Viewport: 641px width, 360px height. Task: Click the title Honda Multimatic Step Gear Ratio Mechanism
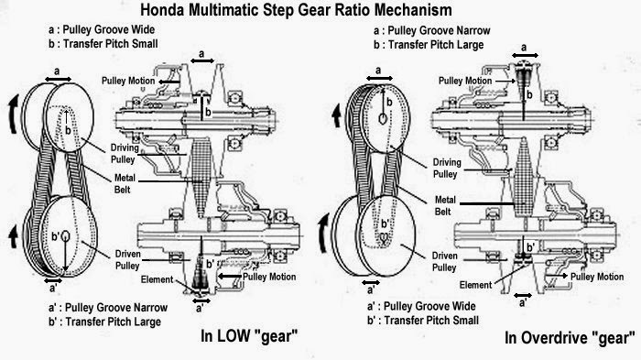(296, 10)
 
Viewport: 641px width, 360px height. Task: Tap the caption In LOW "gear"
(249, 336)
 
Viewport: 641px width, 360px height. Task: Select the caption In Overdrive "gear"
(570, 338)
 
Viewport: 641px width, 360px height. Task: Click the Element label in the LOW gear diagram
(157, 279)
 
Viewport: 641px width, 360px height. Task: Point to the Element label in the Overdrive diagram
(475, 285)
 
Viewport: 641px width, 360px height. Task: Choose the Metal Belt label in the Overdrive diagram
(445, 206)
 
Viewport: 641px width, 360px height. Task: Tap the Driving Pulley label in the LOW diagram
(125, 153)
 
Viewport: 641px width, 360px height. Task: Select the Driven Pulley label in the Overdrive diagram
(444, 261)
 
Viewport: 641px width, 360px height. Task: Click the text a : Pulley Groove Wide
(102, 29)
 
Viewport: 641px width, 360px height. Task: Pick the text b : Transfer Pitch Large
(429, 45)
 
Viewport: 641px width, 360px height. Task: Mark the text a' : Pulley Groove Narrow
(108, 307)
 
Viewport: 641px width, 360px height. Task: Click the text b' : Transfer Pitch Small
(423, 321)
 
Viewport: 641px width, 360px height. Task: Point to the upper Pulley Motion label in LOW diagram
(128, 81)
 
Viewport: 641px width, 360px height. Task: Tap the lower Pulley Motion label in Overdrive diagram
(597, 277)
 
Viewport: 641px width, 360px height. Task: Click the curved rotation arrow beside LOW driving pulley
(13, 114)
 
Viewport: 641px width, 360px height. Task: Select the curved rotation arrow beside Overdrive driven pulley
(324, 233)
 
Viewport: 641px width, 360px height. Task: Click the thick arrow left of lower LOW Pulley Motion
(229, 277)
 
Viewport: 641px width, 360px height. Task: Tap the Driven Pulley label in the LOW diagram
(127, 260)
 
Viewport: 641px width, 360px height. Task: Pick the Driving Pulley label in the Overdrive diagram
(447, 169)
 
